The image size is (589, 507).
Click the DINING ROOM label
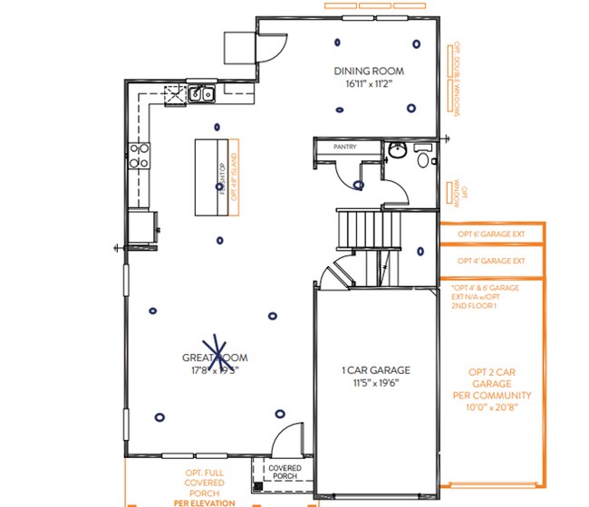pos(368,72)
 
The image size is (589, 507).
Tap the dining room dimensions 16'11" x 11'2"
pos(368,84)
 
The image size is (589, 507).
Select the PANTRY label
pos(345,147)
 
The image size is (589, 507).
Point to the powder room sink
pos(395,150)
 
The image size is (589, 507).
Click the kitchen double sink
pos(200,92)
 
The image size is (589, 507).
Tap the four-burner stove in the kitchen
pos(140,157)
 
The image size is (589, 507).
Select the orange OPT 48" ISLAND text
pos(234,182)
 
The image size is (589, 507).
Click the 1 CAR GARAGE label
pos(376,370)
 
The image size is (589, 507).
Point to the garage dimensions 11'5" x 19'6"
pos(376,383)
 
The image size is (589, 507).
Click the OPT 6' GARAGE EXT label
pos(491,234)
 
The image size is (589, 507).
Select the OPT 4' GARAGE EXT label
pos(491,261)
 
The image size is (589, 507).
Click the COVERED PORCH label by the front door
pos(285,472)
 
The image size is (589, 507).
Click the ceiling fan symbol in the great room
pos(216,351)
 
